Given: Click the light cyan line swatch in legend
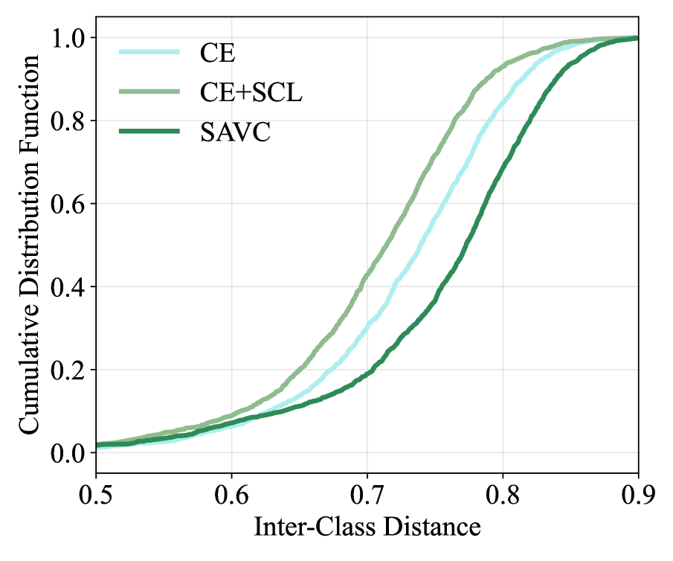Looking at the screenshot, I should coord(149,52).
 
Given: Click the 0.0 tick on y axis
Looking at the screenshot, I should coord(68,453).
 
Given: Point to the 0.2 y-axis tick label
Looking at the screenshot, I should coord(68,370).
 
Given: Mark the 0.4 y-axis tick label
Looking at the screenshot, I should coord(68,287).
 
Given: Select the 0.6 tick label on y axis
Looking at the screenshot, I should coord(68,204).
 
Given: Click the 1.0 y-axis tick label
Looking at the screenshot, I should coord(68,38).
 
